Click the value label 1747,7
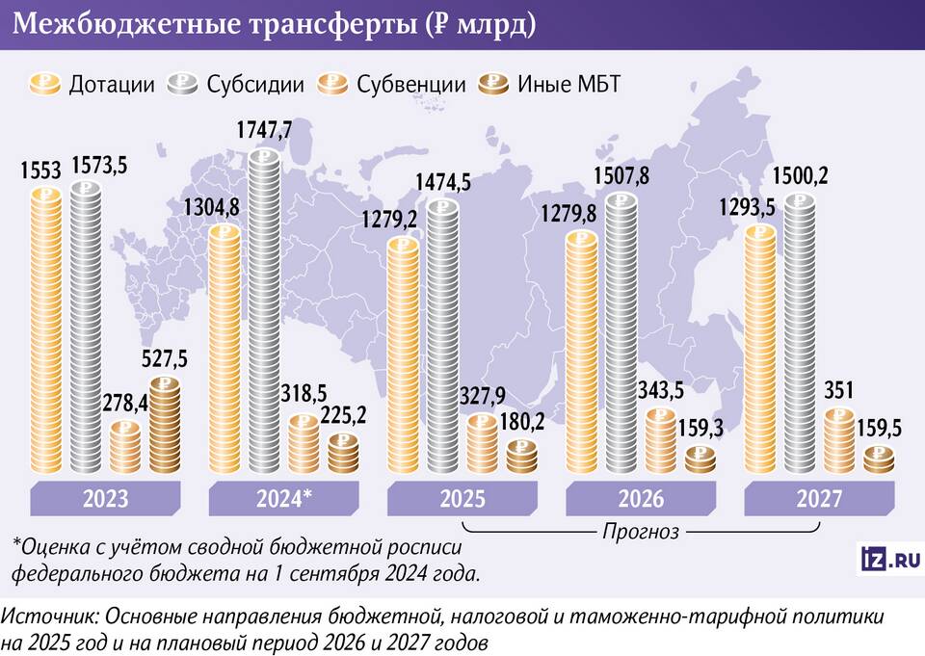(264, 129)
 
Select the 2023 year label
(107, 499)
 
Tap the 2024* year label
(285, 499)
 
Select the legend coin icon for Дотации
(46, 84)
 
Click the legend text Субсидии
(254, 84)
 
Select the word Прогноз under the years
(641, 530)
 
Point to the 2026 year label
(641, 499)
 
